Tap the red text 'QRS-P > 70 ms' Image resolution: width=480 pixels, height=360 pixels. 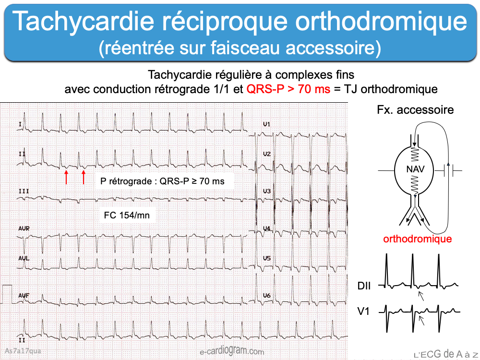pyautogui.click(x=288, y=89)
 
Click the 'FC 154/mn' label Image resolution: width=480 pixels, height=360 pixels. pyautogui.click(x=127, y=215)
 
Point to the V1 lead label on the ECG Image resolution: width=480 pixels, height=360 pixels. pyautogui.click(x=267, y=124)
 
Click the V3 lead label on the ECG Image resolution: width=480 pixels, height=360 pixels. pyautogui.click(x=267, y=192)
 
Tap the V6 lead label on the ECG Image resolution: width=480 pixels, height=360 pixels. pyautogui.click(x=267, y=295)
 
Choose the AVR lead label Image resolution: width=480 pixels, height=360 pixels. pyautogui.click(x=24, y=228)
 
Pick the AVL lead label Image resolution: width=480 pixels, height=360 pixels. pyautogui.click(x=24, y=258)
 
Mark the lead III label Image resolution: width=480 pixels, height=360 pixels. pyautogui.click(x=24, y=191)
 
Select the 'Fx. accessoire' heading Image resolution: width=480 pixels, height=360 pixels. pyautogui.click(x=415, y=110)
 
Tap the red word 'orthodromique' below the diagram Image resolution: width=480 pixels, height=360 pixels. pyautogui.click(x=417, y=239)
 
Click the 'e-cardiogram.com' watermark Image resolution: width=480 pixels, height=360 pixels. pyautogui.click(x=232, y=352)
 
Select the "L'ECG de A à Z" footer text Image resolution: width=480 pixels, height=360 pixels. pyautogui.click(x=445, y=354)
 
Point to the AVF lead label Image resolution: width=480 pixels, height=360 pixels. pyautogui.click(x=24, y=295)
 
